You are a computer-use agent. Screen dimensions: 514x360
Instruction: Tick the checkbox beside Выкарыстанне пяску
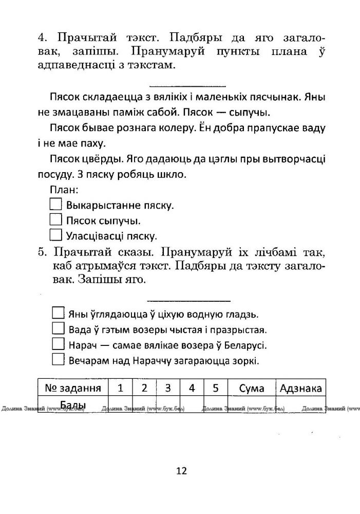[x=55, y=205]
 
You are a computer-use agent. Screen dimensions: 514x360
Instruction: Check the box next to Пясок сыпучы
[x=55, y=220]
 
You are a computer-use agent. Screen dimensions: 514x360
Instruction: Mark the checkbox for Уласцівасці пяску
[x=55, y=235]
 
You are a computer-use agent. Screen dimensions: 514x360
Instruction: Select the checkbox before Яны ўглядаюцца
[x=58, y=314]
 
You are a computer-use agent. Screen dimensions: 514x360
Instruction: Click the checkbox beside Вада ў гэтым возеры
[x=58, y=329]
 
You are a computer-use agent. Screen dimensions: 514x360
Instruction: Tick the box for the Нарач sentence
[x=58, y=344]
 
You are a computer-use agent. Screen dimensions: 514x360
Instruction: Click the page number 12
[x=181, y=471]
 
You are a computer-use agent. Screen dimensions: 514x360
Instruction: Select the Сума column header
[x=252, y=388]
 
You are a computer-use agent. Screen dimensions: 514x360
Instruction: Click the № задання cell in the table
[x=72, y=388]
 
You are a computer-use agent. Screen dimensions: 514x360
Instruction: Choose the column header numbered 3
[x=167, y=388]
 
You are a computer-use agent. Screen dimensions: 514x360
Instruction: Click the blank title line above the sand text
[x=187, y=85]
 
